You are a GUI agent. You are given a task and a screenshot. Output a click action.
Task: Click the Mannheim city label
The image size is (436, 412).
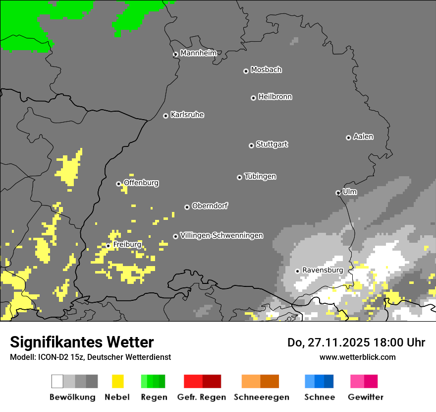198,53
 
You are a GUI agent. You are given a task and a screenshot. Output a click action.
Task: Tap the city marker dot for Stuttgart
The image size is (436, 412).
251,145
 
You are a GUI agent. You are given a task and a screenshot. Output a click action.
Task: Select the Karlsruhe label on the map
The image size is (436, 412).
187,115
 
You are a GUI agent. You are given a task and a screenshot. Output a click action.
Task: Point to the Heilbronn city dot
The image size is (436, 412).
253,98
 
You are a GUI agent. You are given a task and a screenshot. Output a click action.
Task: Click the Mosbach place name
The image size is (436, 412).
266,70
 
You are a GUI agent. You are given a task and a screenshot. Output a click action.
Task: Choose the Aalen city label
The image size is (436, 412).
363,137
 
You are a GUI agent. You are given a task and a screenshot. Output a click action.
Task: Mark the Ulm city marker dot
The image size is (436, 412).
338,193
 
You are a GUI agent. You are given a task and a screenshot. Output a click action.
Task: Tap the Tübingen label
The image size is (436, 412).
260,177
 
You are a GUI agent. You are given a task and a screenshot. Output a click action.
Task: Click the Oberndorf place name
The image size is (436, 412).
210,206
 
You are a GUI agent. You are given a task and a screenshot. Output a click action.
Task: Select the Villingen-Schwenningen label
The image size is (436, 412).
221,235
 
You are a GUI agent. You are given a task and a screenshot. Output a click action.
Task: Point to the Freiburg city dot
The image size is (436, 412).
108,246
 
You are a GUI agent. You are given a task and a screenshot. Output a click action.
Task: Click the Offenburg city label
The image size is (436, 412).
141,183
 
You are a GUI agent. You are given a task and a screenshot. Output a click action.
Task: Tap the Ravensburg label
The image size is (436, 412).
323,270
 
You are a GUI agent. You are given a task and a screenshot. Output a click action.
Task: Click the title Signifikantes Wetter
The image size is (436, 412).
82,342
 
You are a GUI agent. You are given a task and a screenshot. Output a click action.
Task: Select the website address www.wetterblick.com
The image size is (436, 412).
357,357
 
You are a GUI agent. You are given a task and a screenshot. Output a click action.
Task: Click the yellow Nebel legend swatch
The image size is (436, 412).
117,381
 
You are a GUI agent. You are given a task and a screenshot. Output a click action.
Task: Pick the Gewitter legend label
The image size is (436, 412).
366,397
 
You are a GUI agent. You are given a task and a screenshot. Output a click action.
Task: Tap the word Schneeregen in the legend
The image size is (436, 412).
262,397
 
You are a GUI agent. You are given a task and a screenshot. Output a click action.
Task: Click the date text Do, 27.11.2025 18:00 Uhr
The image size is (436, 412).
356,343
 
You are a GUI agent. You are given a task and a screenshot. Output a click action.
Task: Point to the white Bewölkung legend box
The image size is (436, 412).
57,381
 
